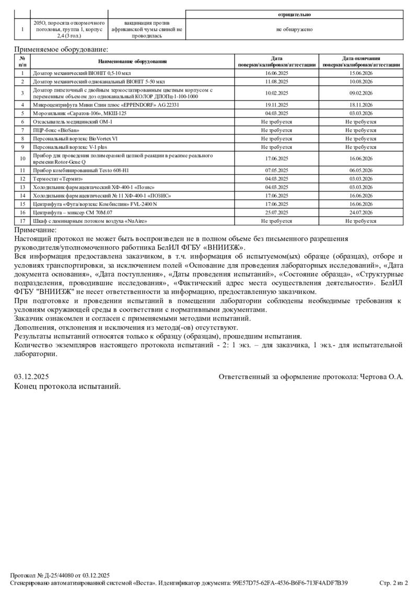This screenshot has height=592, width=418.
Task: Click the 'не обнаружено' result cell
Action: tap(294, 29)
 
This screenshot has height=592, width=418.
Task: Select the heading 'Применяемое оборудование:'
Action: tap(61, 49)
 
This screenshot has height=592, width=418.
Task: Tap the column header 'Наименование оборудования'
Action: tap(132, 62)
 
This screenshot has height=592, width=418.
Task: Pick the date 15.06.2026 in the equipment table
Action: tap(361, 74)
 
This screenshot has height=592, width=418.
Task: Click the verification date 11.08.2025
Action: tap(277, 82)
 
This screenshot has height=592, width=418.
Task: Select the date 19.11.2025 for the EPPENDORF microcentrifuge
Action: tap(277, 105)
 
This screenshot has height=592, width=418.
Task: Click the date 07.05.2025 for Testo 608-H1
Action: tap(277, 170)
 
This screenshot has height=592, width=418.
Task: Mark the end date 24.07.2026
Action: tap(361, 212)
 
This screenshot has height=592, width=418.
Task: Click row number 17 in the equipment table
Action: tap(22, 221)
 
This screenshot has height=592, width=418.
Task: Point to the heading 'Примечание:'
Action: tap(35, 230)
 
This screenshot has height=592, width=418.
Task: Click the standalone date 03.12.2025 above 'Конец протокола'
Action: tap(31, 377)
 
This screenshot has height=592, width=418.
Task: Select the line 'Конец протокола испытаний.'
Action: tap(67, 386)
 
